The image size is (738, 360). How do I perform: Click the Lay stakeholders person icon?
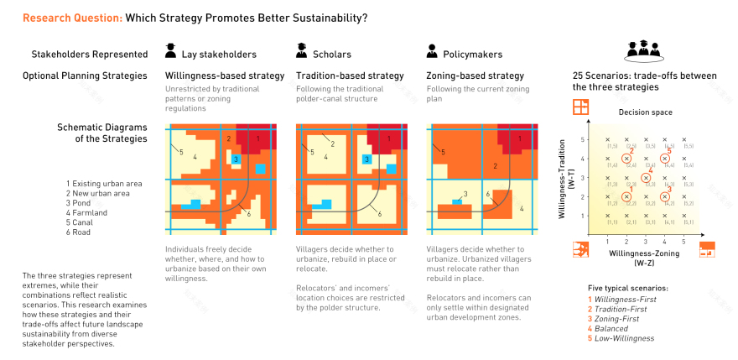point(171,52)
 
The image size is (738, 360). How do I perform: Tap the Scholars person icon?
point(302,52)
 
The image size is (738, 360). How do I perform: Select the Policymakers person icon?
point(433,52)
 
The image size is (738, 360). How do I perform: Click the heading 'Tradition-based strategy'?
point(350,76)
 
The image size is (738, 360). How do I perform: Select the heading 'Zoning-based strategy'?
point(476,76)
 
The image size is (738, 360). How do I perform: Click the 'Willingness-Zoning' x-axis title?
point(645,251)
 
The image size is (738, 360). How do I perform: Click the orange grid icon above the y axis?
point(580,107)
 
